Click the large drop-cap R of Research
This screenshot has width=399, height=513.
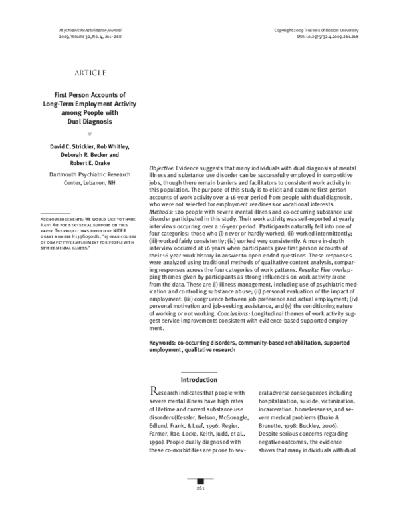tap(154, 393)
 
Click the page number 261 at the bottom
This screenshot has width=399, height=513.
tap(199, 506)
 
